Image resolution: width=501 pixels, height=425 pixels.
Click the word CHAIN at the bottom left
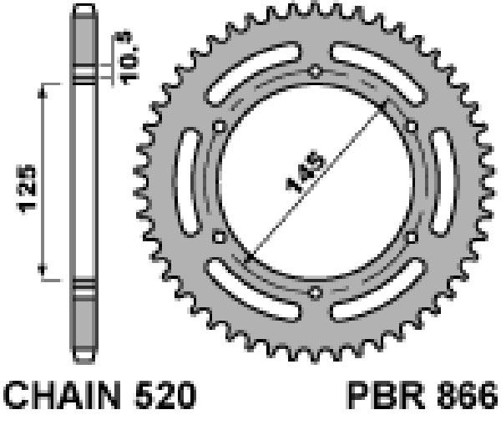[63, 395]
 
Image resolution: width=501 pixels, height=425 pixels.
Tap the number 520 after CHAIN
[165, 395]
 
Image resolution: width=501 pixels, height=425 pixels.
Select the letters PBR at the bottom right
[386, 395]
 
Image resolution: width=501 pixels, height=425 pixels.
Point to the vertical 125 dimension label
[26, 189]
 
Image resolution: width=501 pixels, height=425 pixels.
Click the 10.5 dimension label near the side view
[126, 58]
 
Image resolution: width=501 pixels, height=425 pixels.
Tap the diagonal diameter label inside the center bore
[306, 172]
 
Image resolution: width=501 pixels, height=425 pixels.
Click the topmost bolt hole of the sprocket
[315, 71]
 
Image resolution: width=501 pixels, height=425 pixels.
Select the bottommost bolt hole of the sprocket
[315, 292]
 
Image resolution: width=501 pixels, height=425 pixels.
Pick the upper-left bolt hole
[219, 127]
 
